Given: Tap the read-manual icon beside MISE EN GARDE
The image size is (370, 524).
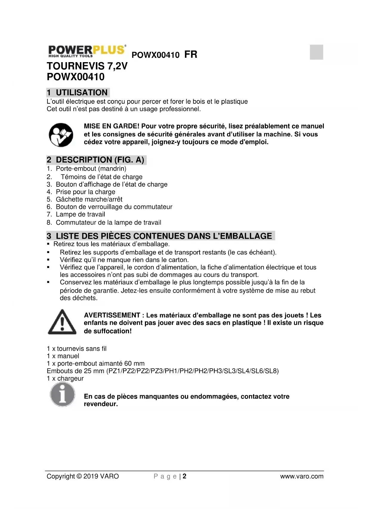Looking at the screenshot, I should (x=61, y=135).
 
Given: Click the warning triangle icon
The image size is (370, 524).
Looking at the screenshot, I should (x=62, y=322).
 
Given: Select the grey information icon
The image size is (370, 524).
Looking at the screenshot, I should (x=62, y=395).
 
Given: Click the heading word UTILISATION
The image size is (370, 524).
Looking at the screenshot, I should (x=82, y=93).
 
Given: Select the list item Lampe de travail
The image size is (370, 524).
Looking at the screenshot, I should (x=80, y=214).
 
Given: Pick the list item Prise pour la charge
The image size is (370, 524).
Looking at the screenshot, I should (x=85, y=192).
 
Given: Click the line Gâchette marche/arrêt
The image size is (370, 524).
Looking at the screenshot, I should (x=89, y=199).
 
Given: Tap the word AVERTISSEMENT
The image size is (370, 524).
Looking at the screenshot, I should (x=112, y=315).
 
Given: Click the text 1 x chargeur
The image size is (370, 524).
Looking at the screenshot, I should (x=65, y=379).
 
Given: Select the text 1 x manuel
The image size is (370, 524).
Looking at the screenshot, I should (x=63, y=356).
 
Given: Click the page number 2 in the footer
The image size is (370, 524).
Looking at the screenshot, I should (x=185, y=476).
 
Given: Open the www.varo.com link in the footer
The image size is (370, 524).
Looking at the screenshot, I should (x=301, y=476).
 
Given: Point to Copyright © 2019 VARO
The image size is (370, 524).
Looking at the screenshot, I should (x=83, y=476).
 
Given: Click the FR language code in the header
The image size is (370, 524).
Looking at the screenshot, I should (x=191, y=55).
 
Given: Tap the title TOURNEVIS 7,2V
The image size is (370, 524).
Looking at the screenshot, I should (x=87, y=66).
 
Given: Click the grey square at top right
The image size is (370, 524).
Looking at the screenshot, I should (x=316, y=52).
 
